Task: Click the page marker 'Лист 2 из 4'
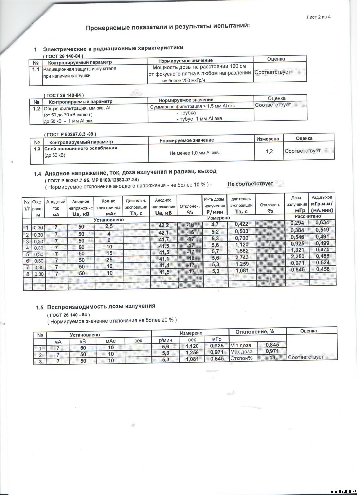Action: coord(319,17)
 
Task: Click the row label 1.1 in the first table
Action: coord(36,70)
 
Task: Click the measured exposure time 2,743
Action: coord(242,257)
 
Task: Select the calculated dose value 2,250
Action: coord(297,256)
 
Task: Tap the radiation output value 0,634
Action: coord(322,223)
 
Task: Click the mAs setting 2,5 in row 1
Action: coord(109,227)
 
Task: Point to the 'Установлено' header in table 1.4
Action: coord(109,219)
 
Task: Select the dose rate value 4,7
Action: coord(215,225)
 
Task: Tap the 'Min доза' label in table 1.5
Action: coord(241,345)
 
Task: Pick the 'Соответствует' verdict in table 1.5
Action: coord(306,357)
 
